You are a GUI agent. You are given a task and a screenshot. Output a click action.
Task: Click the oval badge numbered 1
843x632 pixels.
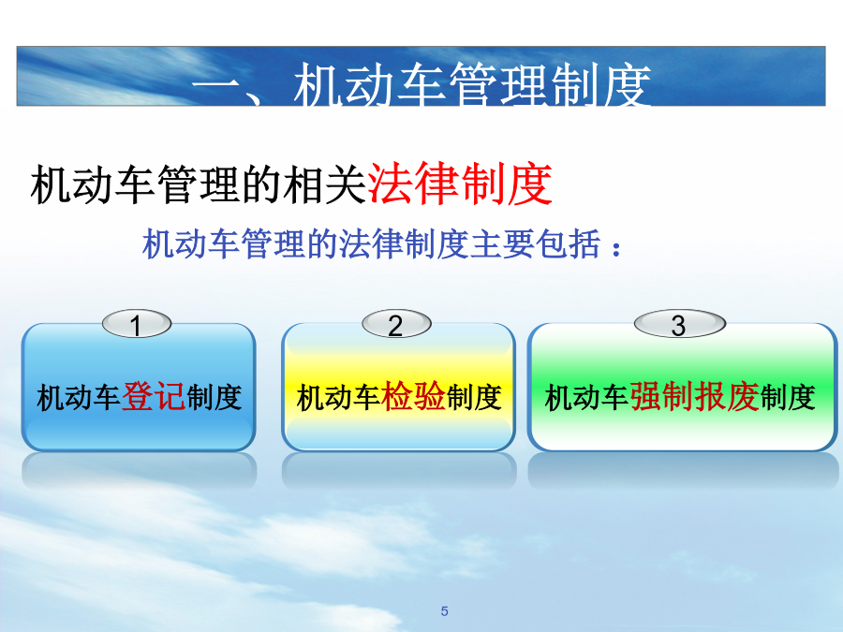(x=137, y=324)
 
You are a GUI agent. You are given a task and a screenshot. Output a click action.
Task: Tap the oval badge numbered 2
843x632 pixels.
(x=397, y=324)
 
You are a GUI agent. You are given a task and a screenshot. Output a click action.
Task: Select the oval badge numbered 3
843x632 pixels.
(x=680, y=324)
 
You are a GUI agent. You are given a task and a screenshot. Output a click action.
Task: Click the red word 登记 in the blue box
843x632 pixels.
(x=155, y=397)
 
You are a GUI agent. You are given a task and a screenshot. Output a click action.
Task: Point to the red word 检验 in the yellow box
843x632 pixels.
(x=413, y=397)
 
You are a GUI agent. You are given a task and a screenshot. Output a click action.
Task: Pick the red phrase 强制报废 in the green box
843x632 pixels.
(x=695, y=397)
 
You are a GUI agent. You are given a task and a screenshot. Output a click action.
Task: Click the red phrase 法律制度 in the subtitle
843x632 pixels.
(x=460, y=184)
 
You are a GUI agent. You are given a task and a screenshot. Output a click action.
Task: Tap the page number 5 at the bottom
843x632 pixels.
(x=445, y=611)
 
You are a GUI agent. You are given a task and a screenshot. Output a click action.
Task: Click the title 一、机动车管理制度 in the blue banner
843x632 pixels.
(x=421, y=84)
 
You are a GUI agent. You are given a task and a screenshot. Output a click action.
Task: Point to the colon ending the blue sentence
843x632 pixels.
(x=616, y=249)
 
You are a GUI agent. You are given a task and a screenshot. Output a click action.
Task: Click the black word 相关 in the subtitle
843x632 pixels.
(x=325, y=184)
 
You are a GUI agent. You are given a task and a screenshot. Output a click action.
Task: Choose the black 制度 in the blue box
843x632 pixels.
(x=214, y=398)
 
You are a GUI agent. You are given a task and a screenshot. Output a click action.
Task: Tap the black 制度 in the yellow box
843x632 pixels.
(x=474, y=398)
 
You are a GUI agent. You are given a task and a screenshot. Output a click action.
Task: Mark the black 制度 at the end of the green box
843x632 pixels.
(x=788, y=398)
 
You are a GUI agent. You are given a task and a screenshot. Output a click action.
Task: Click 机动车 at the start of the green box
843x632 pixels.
(x=586, y=398)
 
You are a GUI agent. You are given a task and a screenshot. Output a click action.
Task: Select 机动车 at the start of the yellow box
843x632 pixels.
(x=339, y=398)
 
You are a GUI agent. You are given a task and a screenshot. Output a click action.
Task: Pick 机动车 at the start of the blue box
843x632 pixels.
(x=79, y=398)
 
